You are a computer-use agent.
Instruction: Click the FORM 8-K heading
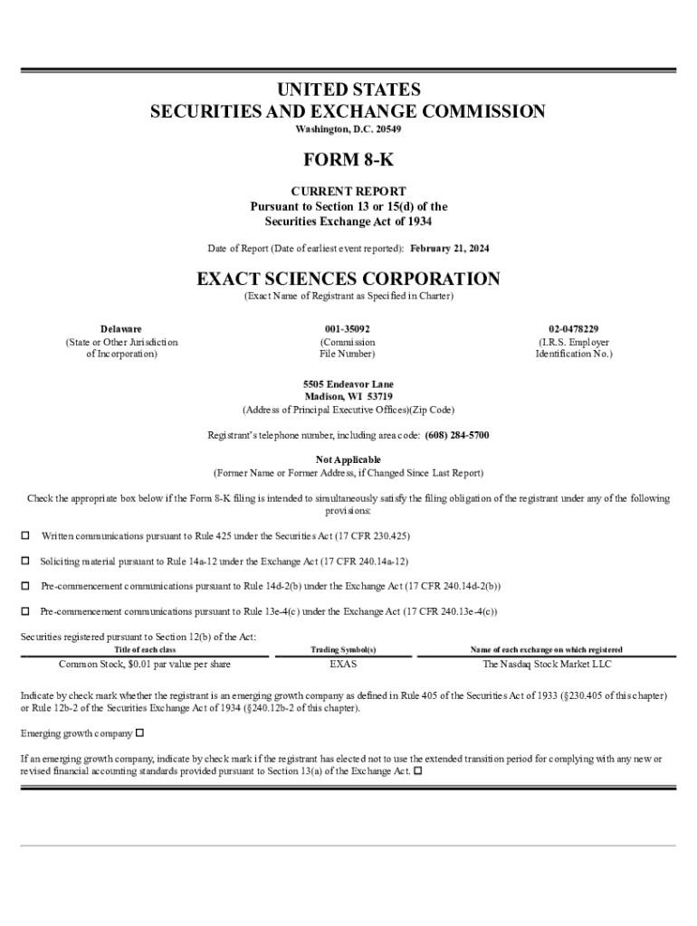click(348, 161)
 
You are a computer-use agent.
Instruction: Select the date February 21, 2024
click(450, 248)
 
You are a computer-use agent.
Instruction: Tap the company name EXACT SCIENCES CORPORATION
click(348, 279)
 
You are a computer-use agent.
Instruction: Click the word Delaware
click(121, 329)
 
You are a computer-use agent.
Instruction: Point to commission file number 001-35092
click(348, 329)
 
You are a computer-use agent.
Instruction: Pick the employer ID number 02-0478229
click(573, 329)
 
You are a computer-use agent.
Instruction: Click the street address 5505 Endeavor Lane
click(348, 384)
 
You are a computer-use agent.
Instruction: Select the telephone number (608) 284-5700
click(457, 435)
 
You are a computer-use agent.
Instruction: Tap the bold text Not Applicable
click(348, 459)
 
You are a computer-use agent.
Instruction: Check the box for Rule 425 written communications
click(25, 536)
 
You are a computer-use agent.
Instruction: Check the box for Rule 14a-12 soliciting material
click(25, 561)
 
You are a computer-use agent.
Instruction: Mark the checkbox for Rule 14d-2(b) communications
click(25, 586)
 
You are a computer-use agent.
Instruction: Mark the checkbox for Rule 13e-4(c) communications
click(25, 611)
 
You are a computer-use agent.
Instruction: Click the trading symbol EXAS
click(344, 664)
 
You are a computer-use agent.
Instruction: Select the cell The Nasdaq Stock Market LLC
click(547, 664)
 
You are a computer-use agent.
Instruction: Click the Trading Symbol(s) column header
click(344, 650)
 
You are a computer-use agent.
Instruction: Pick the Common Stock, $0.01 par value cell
click(145, 664)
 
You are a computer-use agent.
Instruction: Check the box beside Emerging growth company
click(139, 732)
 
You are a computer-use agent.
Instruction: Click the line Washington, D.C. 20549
click(348, 129)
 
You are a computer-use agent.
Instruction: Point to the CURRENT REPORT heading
click(348, 192)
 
